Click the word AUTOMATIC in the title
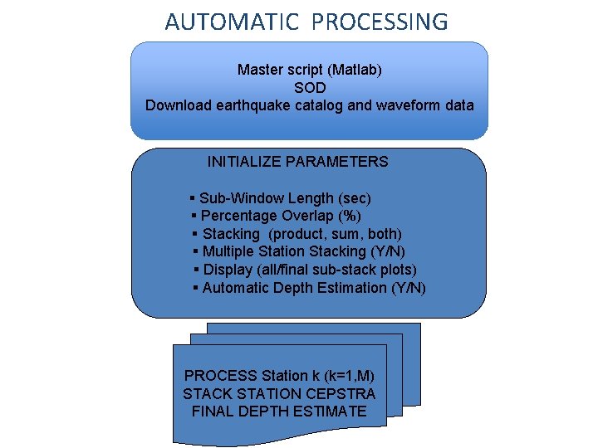tap(231, 22)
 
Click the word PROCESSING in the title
tap(380, 22)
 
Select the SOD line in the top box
tap(309, 87)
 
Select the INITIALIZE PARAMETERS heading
tap(297, 162)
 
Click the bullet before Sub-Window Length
tap(193, 198)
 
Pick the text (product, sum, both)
tap(336, 234)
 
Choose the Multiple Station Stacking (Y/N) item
tap(304, 251)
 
